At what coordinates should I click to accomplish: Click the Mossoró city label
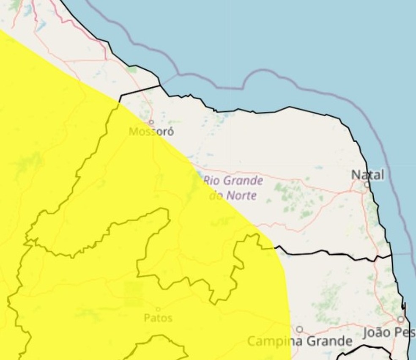[x=151, y=132]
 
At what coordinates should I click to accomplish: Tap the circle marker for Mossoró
[x=151, y=122]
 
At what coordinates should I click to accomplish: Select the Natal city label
[x=368, y=175]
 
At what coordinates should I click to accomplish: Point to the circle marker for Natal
[x=367, y=184]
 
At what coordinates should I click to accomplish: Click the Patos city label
[x=158, y=318]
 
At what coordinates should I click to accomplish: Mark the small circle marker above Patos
[x=158, y=310]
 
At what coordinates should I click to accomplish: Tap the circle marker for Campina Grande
[x=299, y=329]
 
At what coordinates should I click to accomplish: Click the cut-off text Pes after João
[x=405, y=333]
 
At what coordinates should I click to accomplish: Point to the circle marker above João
[x=400, y=319]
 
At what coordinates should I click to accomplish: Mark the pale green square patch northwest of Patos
[x=134, y=294]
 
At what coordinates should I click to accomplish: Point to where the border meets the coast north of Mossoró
[x=160, y=85]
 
